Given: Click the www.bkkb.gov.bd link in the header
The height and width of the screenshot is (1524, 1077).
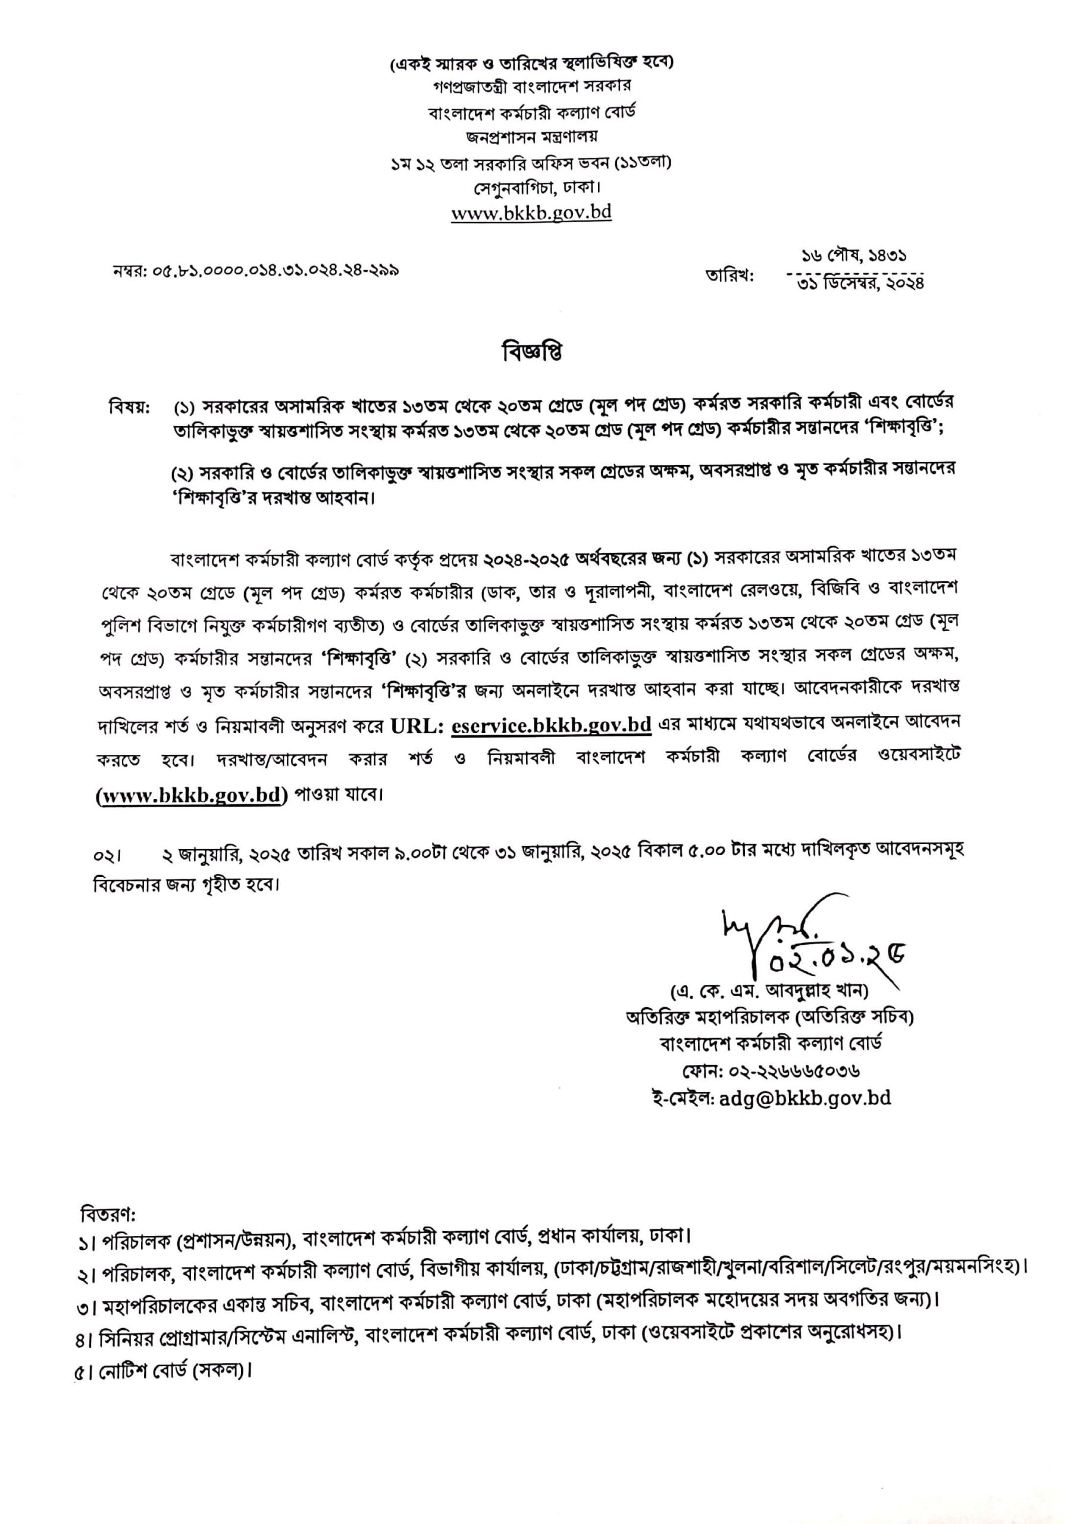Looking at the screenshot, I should point(531,214).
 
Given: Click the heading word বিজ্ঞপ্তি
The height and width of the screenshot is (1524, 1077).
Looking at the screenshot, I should point(531,352).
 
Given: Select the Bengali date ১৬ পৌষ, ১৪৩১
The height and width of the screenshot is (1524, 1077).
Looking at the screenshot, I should point(854,255).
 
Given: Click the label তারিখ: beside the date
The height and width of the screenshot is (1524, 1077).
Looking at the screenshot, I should point(730,275).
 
